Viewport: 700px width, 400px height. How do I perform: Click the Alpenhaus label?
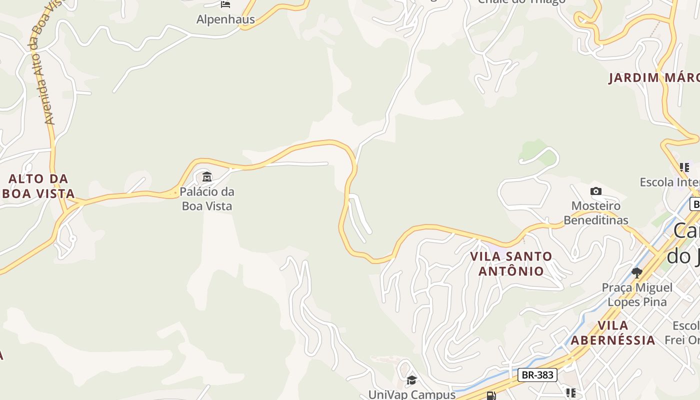[x=225, y=19]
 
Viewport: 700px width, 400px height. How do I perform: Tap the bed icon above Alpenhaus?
[x=225, y=4]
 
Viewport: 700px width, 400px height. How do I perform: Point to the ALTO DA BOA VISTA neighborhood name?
[x=39, y=186]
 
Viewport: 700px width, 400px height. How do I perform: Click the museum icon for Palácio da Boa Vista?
[x=206, y=176]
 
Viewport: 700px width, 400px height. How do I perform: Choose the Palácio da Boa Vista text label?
[x=207, y=198]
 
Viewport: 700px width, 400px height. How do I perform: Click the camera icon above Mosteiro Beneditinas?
[x=595, y=191]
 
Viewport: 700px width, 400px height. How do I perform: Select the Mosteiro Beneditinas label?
[x=596, y=213]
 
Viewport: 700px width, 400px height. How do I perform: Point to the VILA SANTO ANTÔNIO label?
[x=511, y=263]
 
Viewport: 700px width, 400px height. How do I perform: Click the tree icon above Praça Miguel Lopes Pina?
[x=636, y=272]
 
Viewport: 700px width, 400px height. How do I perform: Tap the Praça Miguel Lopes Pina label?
[x=637, y=294]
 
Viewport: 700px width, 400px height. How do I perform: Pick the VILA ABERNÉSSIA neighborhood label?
[x=613, y=333]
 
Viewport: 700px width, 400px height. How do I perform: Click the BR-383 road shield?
[x=537, y=374]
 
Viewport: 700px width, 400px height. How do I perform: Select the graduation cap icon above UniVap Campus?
[x=411, y=380]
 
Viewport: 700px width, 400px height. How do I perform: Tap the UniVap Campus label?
[x=411, y=394]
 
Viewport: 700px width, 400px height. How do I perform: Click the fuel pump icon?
[x=491, y=395]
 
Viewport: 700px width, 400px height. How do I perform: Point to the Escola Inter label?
[x=669, y=182]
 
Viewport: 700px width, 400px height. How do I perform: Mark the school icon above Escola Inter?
[x=684, y=167]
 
